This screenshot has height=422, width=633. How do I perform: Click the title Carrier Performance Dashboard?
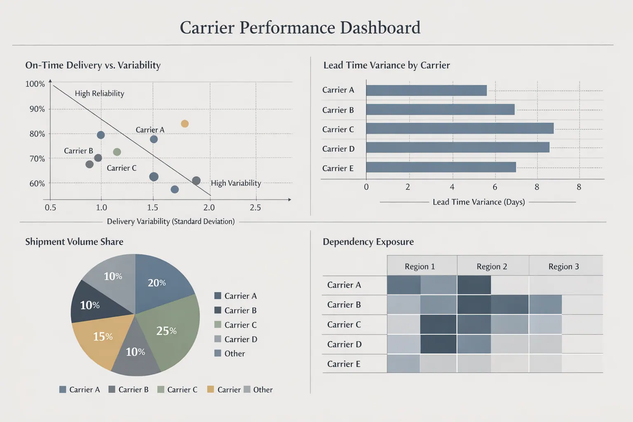(x=300, y=28)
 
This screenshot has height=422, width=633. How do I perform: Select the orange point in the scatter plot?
(x=185, y=124)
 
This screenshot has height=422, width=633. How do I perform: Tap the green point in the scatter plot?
(x=117, y=152)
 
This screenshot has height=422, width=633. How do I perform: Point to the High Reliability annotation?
(x=99, y=94)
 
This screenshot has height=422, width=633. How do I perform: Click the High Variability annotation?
(x=236, y=183)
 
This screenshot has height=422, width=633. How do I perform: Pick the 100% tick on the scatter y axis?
(x=35, y=84)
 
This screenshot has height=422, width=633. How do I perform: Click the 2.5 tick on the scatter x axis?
(x=255, y=208)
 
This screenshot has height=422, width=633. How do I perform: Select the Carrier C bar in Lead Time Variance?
(x=460, y=129)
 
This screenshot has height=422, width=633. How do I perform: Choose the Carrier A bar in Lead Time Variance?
(x=426, y=90)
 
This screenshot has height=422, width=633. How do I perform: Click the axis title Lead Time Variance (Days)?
(x=478, y=202)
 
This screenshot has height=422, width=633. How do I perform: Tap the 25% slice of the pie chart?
(x=169, y=330)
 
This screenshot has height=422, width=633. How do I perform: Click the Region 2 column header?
(x=492, y=267)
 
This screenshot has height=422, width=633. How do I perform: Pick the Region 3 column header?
(x=563, y=267)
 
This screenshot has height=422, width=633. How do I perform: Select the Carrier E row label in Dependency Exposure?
(x=344, y=364)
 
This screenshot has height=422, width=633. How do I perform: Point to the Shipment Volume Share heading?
(x=74, y=242)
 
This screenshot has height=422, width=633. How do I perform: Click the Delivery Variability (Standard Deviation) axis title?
(x=171, y=222)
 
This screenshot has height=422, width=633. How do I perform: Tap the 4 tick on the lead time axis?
(x=452, y=187)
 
